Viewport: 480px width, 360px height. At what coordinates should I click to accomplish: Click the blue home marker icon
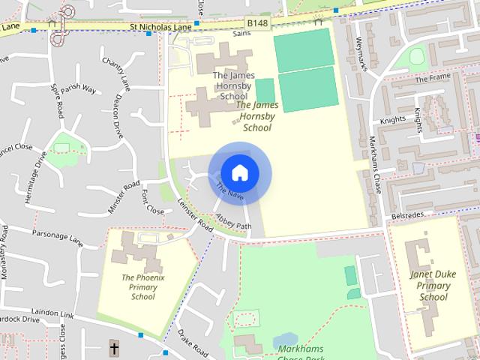[239, 173]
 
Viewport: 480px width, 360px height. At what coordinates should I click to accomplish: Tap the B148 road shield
[257, 23]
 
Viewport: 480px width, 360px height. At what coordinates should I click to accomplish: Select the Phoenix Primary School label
[142, 287]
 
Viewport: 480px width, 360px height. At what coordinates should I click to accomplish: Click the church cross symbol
[114, 348]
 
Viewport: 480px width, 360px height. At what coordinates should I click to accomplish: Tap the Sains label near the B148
[241, 34]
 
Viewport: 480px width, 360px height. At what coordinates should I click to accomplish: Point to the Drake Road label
[191, 341]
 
